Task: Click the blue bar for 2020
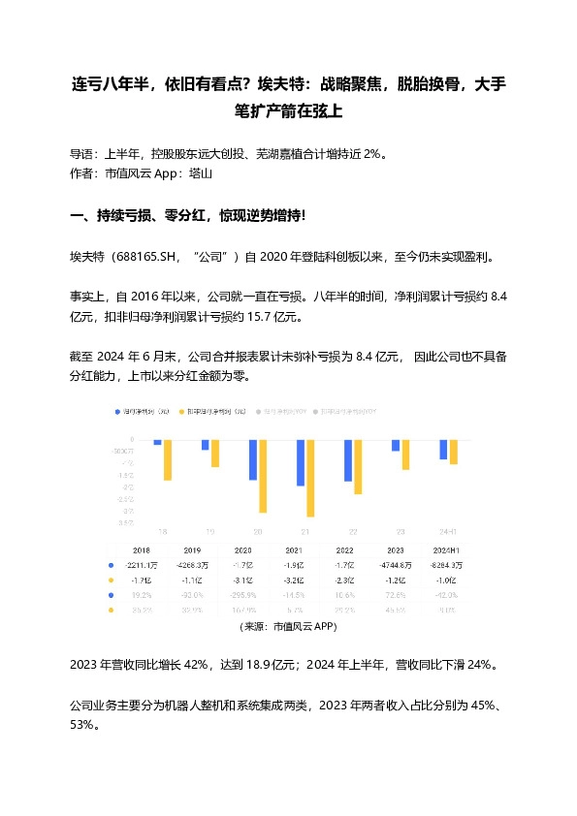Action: pos(253,460)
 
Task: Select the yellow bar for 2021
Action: pos(310,478)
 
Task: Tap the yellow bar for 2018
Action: pos(167,460)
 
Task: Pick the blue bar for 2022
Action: pos(348,461)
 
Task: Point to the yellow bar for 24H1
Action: pos(453,453)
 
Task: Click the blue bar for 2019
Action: pos(206,446)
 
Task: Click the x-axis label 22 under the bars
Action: pos(353,531)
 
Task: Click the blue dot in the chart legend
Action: pos(117,412)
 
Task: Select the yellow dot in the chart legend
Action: pos(179,412)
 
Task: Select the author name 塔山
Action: pos(200,174)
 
